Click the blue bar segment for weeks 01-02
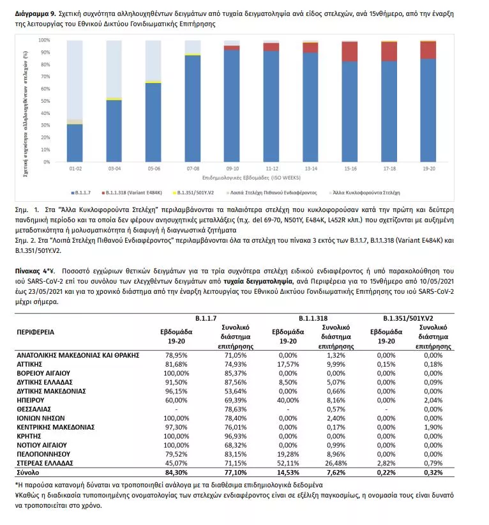point(75,143)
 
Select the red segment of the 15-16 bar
point(349,52)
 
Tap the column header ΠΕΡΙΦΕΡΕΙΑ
point(36,332)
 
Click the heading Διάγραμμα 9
point(35,13)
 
